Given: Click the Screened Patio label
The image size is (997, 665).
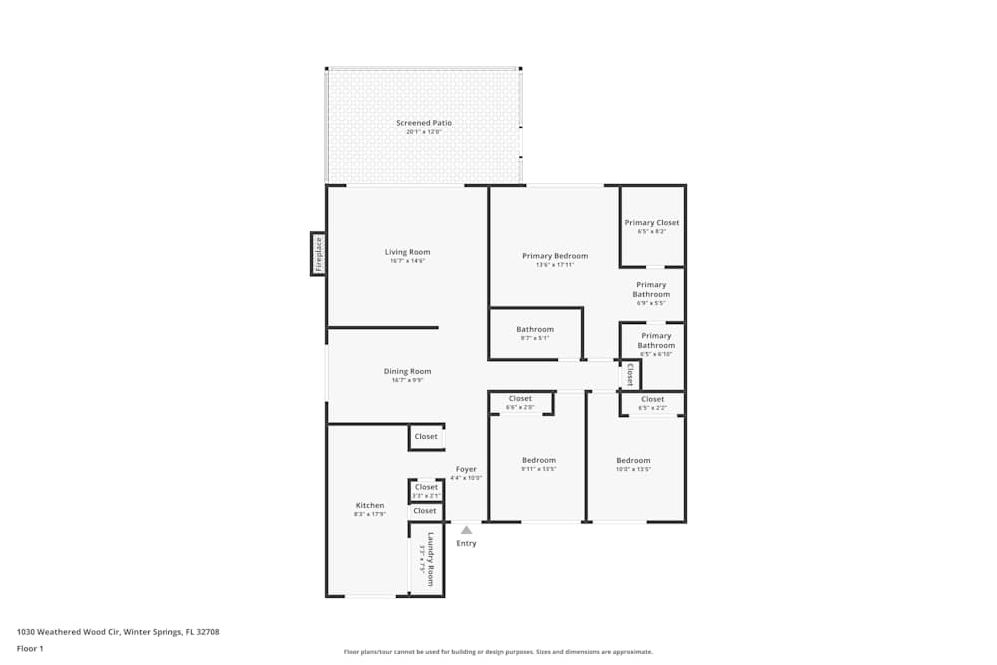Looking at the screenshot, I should tap(423, 123).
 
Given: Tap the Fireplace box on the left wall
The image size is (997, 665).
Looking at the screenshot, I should tap(319, 254).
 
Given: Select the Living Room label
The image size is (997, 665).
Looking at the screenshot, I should tap(407, 252).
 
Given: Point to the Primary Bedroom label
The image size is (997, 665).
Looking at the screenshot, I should tap(555, 256).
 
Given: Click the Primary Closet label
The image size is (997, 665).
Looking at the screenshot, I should tap(652, 223).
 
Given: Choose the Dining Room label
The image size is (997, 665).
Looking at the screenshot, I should tap(407, 372).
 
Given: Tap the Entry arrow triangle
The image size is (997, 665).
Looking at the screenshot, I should tap(466, 530).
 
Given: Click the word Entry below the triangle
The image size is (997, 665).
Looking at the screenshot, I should tap(466, 543).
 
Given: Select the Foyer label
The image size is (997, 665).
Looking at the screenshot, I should tap(466, 469).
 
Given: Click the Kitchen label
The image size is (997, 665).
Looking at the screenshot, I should tap(369, 506).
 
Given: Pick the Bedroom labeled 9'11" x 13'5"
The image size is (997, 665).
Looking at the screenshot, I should tap(538, 461).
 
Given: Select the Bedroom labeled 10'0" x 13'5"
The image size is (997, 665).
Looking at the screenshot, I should tap(633, 461).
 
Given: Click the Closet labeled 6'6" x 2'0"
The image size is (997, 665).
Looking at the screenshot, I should tap(520, 399).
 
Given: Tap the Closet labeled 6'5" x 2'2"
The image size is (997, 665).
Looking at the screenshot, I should tap(652, 400).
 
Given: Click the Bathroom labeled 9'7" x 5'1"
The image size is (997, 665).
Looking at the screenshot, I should tap(535, 330).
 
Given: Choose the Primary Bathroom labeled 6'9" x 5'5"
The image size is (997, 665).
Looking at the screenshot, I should tap(651, 290).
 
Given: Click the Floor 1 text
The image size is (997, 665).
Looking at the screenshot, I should tap(30, 648).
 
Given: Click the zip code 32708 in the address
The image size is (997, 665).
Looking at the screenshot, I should tap(207, 632).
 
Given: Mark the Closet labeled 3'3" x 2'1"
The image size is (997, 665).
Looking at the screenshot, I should tap(426, 488).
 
